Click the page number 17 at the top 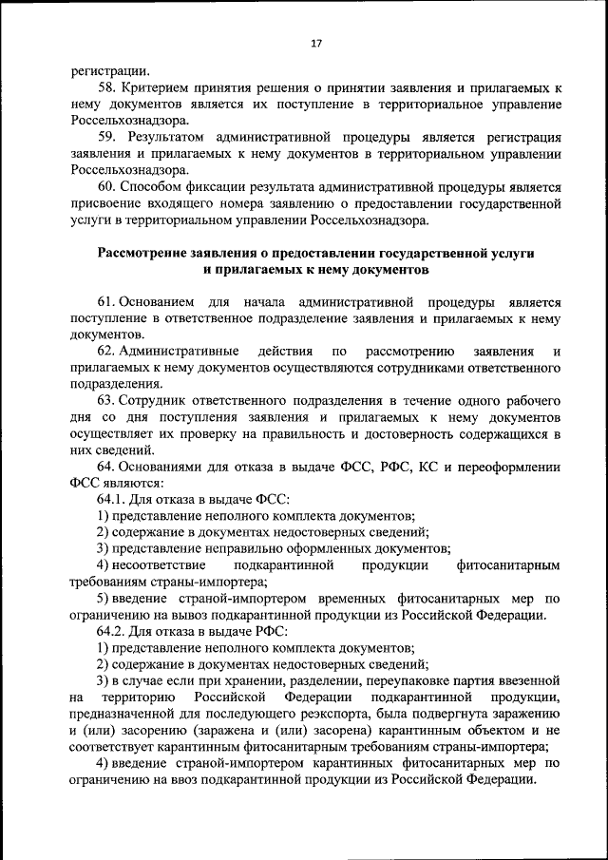pos(317,42)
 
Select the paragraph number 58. pos(106,86)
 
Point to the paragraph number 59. pos(106,137)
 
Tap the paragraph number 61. pos(105,301)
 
